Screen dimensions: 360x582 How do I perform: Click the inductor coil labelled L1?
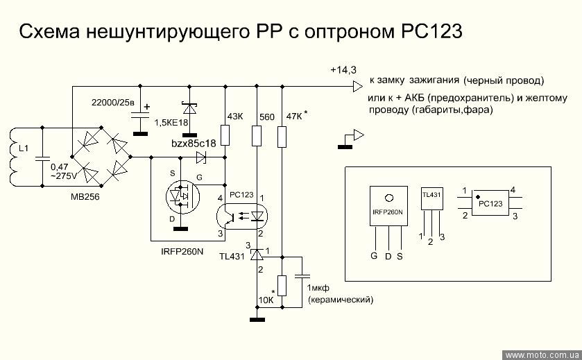click(15, 156)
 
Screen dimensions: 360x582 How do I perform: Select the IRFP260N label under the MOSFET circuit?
click(178, 251)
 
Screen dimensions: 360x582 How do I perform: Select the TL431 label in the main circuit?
click(230, 257)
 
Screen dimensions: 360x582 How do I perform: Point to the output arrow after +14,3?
click(357, 87)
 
